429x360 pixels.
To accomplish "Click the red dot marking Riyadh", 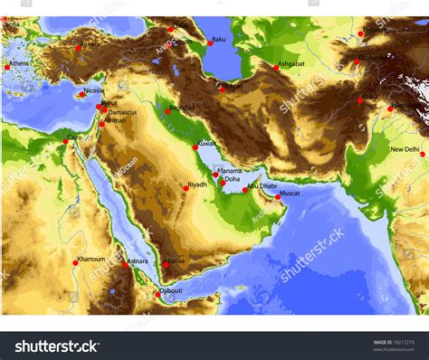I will tap(185, 187).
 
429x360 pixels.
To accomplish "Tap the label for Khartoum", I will tap(91, 259).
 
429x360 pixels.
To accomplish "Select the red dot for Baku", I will tap(208, 43).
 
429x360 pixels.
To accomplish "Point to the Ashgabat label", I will tap(291, 64).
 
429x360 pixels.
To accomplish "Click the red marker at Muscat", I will tap(278, 197).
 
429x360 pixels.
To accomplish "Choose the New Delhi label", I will tap(405, 149).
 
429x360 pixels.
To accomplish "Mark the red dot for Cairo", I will tap(65, 141).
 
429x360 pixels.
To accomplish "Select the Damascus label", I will tap(120, 112).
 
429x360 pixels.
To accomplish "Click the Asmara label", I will tap(137, 261).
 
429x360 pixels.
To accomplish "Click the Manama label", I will tap(230, 170).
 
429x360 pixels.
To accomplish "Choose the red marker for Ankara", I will tap(79, 48).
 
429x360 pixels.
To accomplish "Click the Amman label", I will tap(115, 120).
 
